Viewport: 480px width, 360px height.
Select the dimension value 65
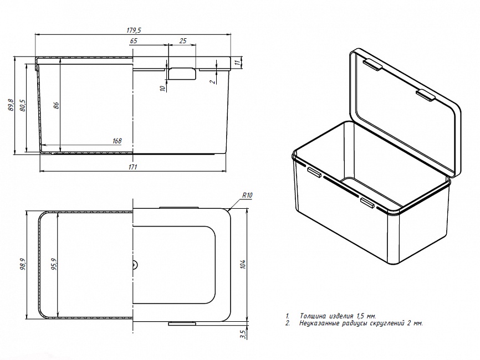134,42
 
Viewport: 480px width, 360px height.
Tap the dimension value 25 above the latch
183,42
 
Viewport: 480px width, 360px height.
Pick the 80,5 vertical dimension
23,105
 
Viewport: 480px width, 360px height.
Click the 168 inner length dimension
117,141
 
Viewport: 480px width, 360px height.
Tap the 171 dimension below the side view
133,166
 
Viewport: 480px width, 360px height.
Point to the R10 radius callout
247,196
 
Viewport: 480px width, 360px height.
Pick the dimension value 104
242,265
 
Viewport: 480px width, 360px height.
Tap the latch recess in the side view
182,74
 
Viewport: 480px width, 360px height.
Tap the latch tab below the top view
182,322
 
